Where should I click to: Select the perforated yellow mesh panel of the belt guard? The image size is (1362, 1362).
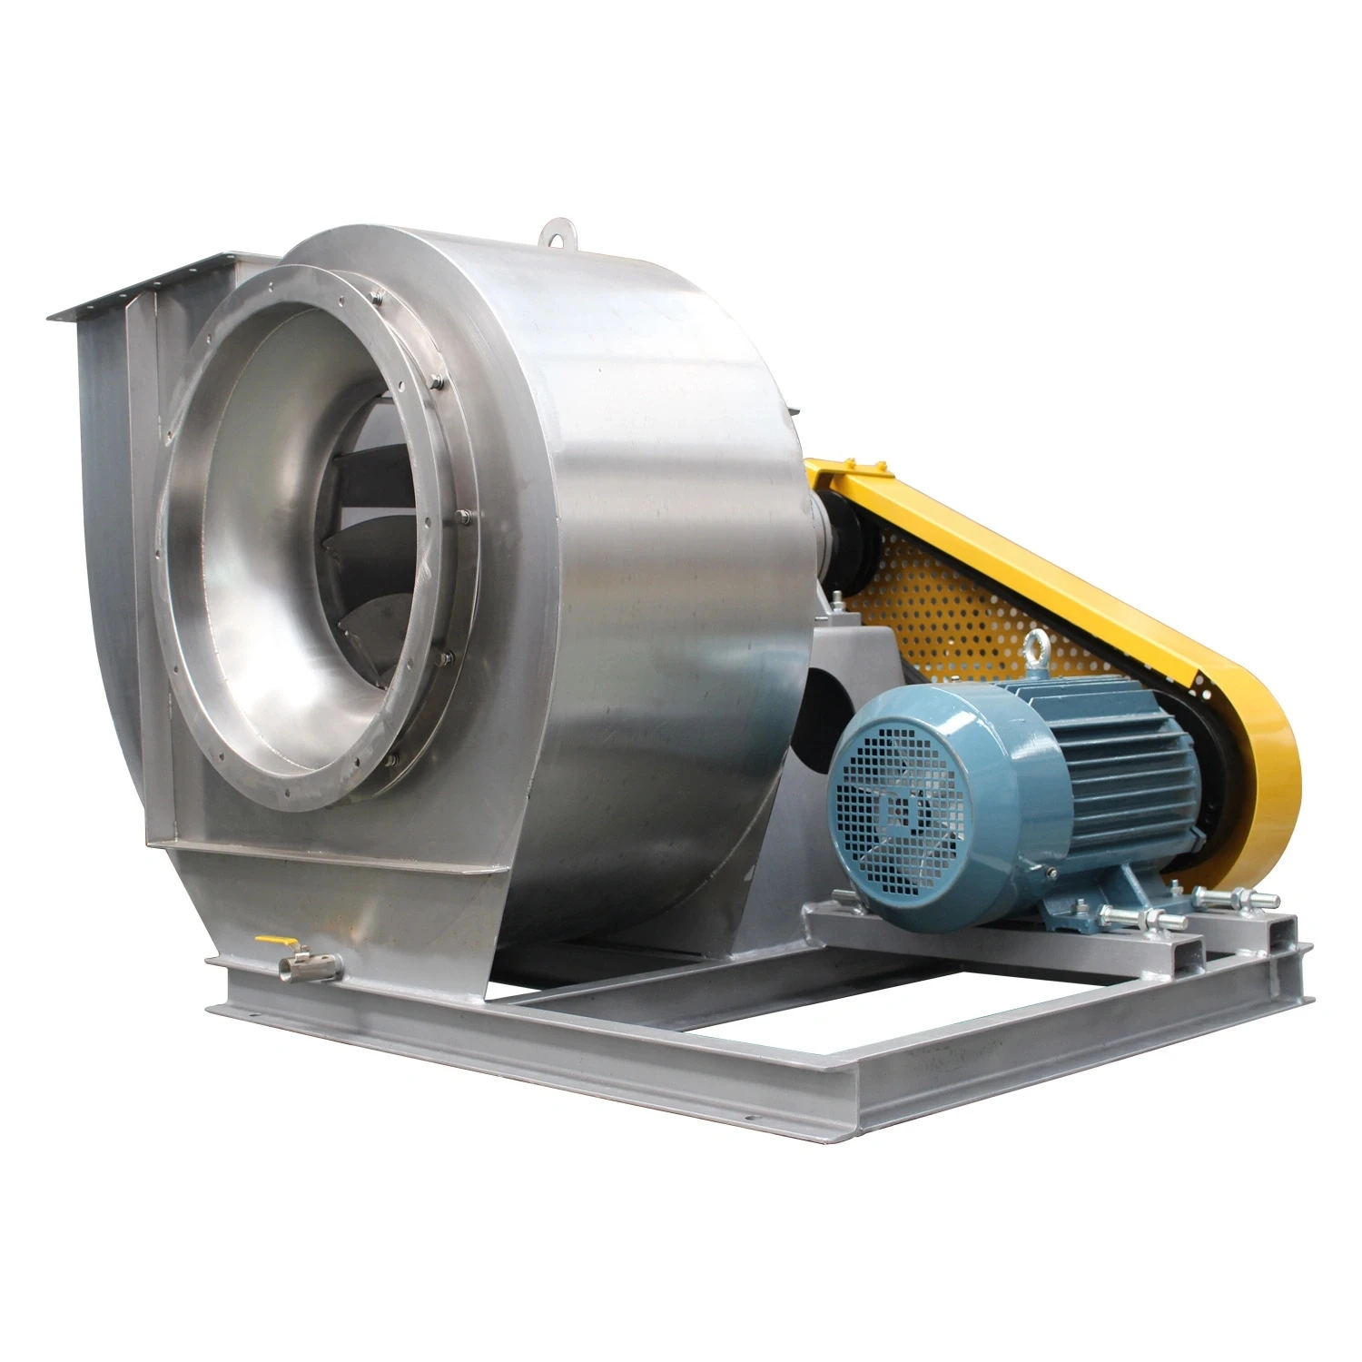(x=962, y=599)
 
